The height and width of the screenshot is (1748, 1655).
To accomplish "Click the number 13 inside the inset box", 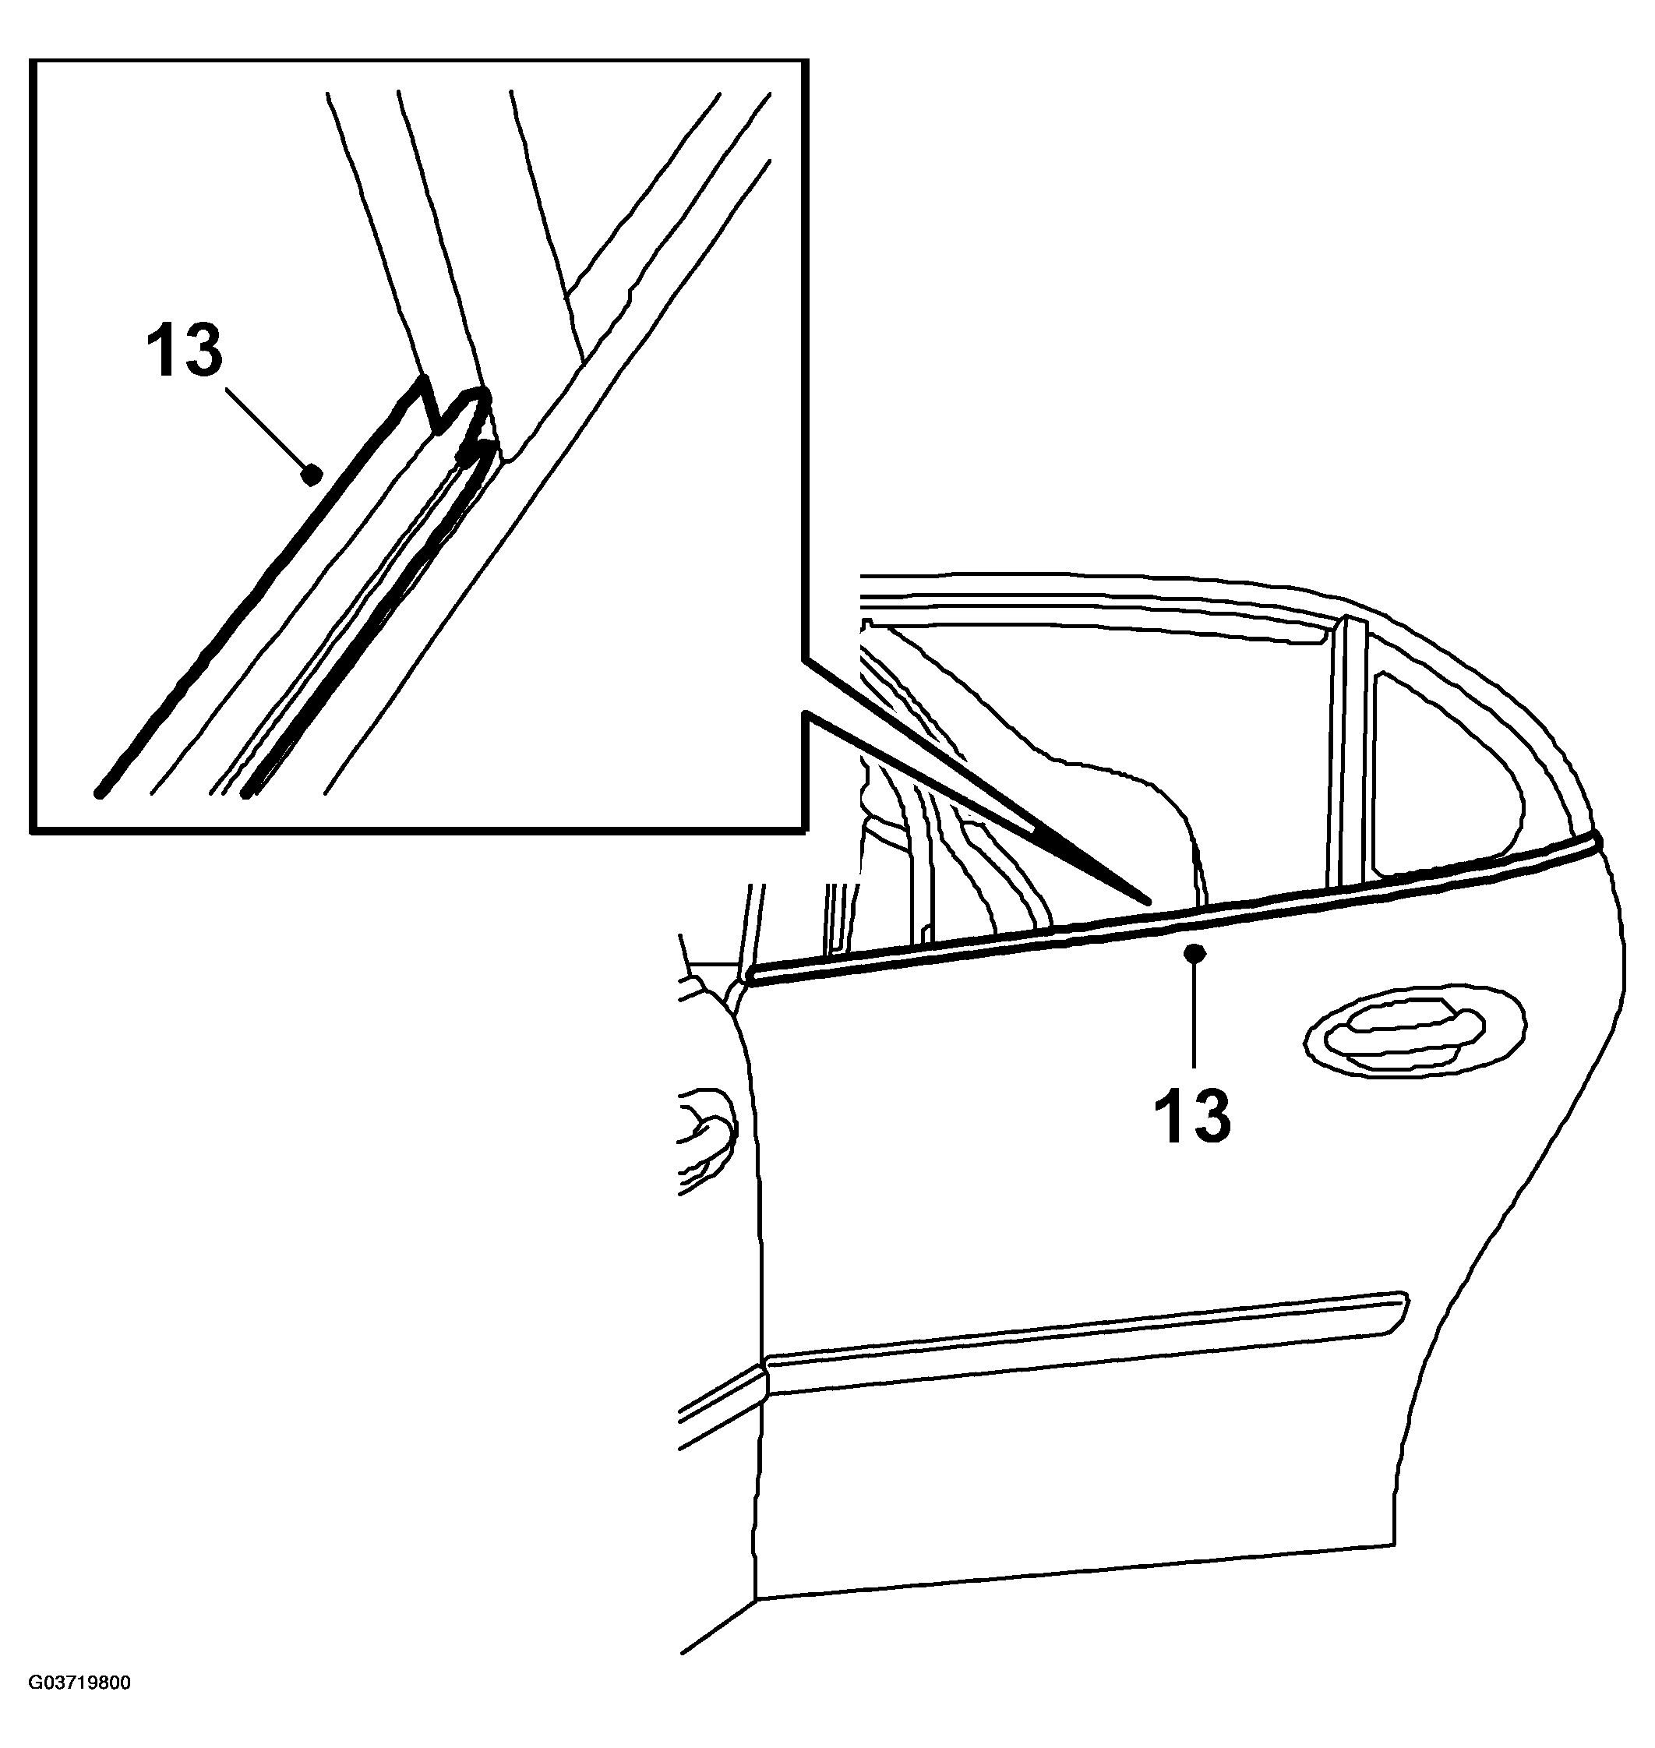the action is (185, 351).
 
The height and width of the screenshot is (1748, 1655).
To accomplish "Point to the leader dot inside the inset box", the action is (311, 475).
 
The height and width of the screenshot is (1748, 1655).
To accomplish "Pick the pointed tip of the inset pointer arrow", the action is (1149, 902).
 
